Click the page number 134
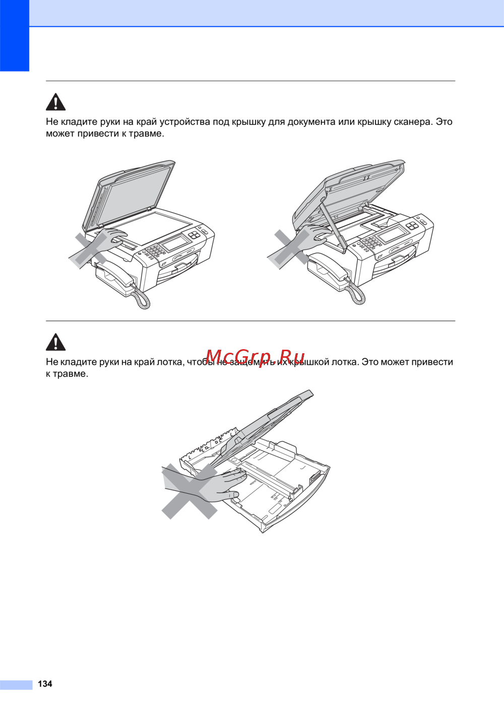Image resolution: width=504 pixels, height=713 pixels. tap(45, 684)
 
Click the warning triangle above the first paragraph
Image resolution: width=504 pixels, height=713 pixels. tap(55, 102)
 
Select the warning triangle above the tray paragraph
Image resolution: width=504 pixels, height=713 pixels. tap(55, 342)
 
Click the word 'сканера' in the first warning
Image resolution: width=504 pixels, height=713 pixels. tap(413, 122)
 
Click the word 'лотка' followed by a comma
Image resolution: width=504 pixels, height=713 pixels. tap(170, 362)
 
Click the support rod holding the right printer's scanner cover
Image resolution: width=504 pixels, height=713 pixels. tap(333, 224)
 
